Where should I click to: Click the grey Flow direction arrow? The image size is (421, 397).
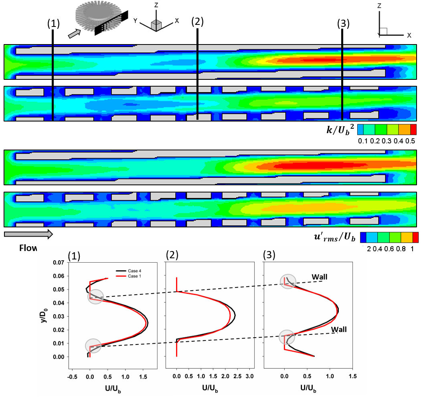tap(28, 234)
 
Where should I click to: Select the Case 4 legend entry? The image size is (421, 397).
tap(133, 271)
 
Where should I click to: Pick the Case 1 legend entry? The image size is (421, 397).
tap(133, 276)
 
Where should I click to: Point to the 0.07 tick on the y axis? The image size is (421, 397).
tap(59, 263)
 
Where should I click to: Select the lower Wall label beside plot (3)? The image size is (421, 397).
tap(339, 329)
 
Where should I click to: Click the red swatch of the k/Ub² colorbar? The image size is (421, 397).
tap(413, 129)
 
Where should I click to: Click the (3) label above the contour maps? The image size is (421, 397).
tap(344, 24)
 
